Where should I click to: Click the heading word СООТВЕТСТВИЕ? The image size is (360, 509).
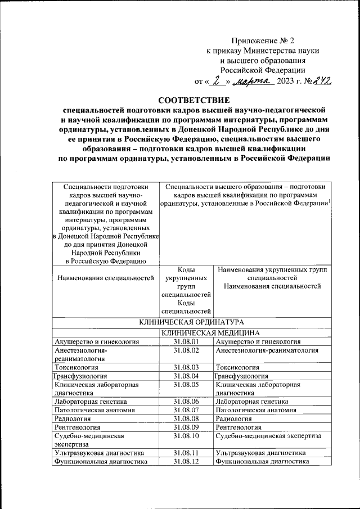pyautogui.click(x=191, y=99)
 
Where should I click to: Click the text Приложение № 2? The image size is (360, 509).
pyautogui.click(x=263, y=40)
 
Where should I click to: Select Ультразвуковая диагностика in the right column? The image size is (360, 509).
pyautogui.click(x=260, y=453)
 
